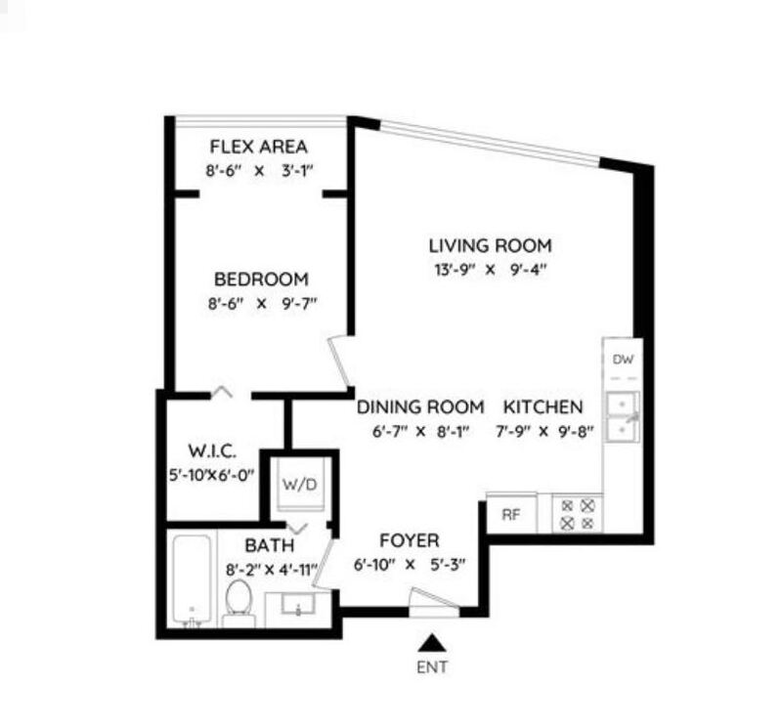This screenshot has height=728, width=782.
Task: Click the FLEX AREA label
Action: click(x=258, y=148)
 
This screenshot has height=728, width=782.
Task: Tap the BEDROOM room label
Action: click(x=261, y=279)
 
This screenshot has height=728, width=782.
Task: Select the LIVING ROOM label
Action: click(x=491, y=246)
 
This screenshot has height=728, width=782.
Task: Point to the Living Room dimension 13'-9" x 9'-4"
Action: click(x=491, y=270)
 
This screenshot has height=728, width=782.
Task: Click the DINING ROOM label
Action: click(x=420, y=407)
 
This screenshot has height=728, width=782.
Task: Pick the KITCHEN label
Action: click(x=543, y=407)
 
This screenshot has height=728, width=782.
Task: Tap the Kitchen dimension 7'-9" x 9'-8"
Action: click(x=544, y=431)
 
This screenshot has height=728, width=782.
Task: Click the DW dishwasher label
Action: click(x=623, y=359)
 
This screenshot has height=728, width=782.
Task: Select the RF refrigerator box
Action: click(x=511, y=513)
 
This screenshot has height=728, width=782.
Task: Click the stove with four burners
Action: click(x=578, y=514)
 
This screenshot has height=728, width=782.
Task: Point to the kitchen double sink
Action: click(x=623, y=417)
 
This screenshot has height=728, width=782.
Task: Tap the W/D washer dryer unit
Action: click(x=300, y=484)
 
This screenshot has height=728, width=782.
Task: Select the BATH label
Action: click(x=270, y=545)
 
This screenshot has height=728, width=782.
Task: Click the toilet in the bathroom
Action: click(x=239, y=603)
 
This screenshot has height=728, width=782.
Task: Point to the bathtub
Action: click(x=192, y=580)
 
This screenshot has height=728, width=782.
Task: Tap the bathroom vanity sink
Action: click(x=298, y=604)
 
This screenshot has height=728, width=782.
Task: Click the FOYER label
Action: click(x=410, y=540)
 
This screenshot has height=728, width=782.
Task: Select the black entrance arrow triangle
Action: click(x=432, y=643)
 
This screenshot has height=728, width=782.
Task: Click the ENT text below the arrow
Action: click(x=432, y=666)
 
